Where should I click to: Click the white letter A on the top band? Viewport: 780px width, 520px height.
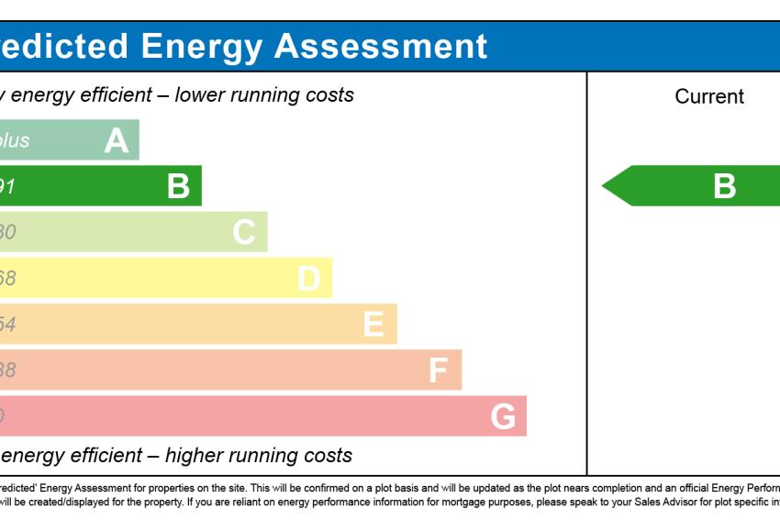(117, 140)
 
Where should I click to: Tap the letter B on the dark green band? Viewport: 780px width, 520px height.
(178, 186)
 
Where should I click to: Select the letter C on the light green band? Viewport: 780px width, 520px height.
(243, 232)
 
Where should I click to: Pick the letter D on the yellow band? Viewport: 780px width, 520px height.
(309, 278)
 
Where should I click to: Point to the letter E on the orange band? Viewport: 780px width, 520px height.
(373, 324)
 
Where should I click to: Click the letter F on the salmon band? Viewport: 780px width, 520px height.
(439, 371)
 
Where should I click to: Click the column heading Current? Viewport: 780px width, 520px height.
(709, 96)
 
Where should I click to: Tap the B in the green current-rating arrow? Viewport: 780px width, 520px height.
(725, 186)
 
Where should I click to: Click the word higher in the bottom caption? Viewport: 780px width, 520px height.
(191, 455)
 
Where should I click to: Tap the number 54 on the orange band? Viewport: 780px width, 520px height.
(6, 324)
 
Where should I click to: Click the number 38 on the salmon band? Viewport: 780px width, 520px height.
(6, 371)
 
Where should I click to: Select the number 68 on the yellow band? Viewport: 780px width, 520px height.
(6, 278)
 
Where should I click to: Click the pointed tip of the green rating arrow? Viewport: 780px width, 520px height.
(604, 186)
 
